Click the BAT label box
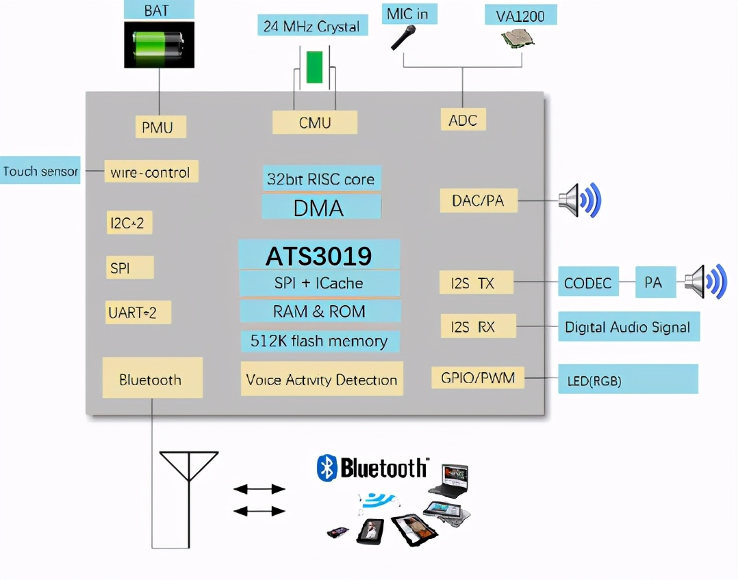pos(159,10)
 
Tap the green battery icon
pos(159,44)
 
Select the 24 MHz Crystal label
pos(312,26)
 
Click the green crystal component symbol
pos(314,67)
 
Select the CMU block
pos(315,122)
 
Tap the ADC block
pos(463,120)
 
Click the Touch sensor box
pos(40,171)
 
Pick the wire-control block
pos(151,172)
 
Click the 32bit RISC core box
pos(320,179)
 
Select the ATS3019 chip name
pos(319,256)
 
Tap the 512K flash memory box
pos(319,341)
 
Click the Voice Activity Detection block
pos(322,380)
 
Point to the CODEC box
pos(588,282)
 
